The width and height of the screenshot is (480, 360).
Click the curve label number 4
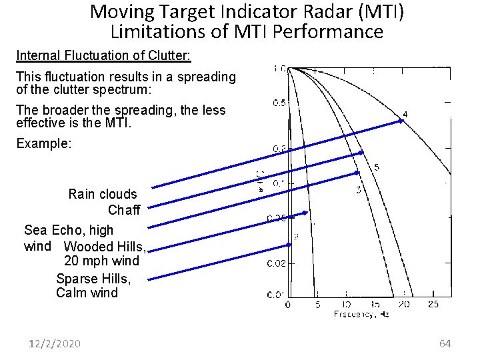click(405, 114)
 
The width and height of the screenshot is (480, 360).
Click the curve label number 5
click(377, 167)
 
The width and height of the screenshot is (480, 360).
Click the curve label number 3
click(359, 191)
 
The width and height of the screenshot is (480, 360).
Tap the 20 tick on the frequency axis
click(403, 304)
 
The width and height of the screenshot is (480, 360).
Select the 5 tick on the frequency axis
click(317, 304)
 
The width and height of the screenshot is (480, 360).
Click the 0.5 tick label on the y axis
click(280, 103)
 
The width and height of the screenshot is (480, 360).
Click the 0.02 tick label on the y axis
click(277, 263)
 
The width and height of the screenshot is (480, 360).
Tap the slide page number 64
click(445, 343)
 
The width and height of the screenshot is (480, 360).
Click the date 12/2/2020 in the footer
click(55, 343)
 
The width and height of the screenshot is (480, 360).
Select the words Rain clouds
click(103, 194)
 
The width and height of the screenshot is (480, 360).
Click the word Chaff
click(124, 211)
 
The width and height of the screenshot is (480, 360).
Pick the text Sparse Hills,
click(93, 278)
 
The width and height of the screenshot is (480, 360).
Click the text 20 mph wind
click(101, 261)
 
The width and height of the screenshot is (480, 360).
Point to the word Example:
click(43, 143)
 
